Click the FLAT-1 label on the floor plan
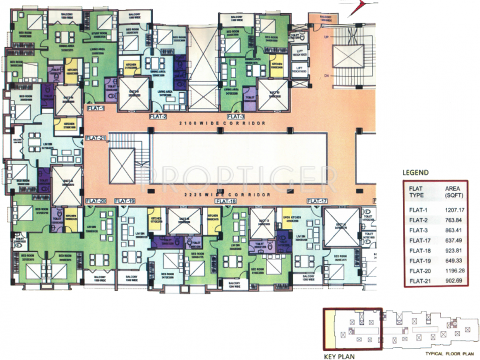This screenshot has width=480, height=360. (96, 108)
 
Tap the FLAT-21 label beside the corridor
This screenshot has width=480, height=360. (96, 138)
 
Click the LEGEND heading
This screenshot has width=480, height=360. (415, 172)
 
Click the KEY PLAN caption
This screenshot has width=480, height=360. (339, 356)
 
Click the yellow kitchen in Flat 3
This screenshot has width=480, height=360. (275, 65)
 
